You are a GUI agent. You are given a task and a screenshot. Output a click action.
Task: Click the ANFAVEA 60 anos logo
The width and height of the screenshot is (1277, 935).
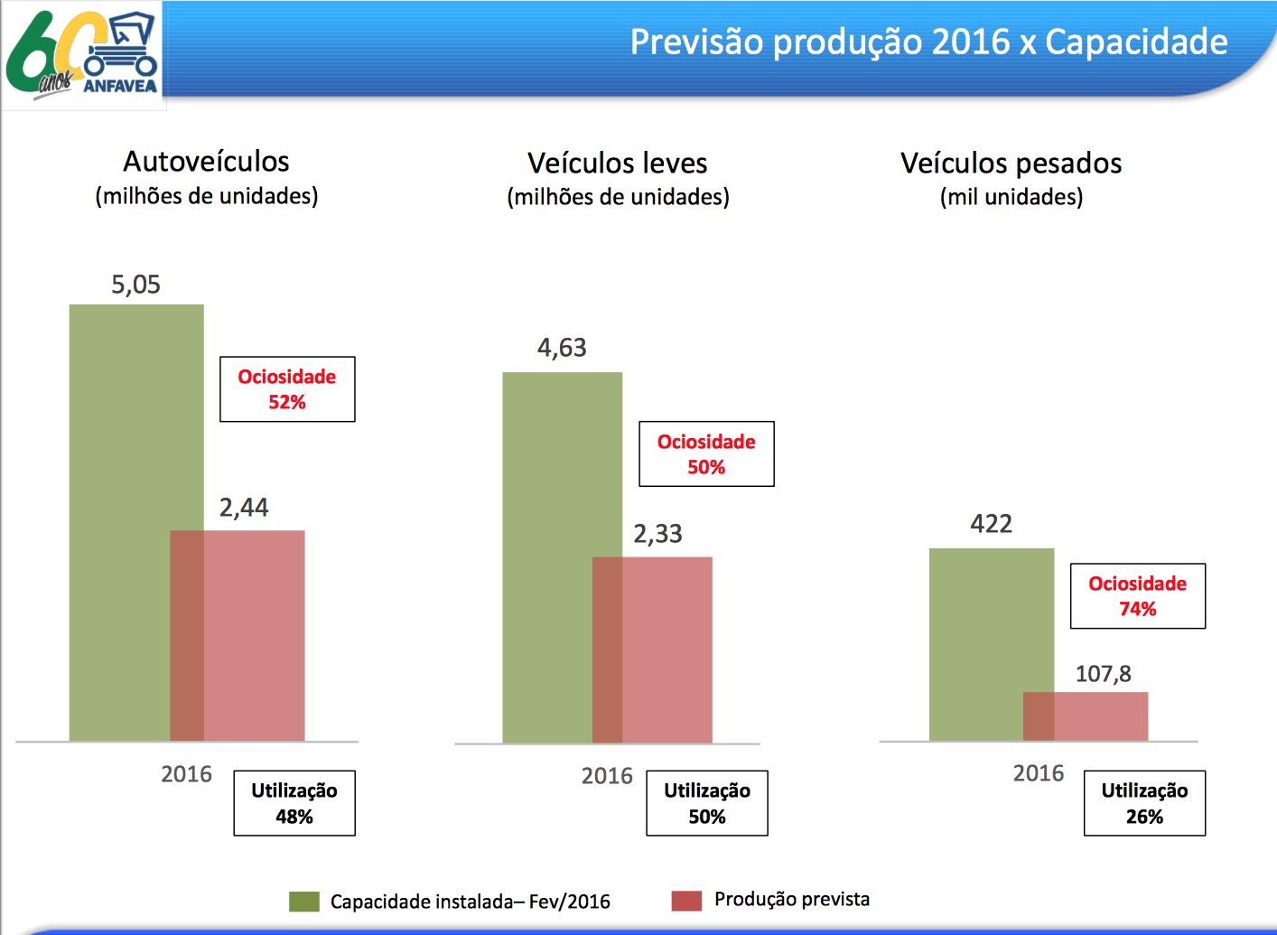(83, 54)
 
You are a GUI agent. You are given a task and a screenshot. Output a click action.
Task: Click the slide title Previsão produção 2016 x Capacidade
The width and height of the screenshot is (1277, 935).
(928, 42)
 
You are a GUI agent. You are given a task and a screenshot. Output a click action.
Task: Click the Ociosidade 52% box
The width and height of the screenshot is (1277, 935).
(287, 389)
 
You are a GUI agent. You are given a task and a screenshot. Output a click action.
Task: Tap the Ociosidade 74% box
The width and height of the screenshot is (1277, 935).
(1137, 596)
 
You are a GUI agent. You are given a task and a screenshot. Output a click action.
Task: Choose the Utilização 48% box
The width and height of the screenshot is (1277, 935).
(294, 803)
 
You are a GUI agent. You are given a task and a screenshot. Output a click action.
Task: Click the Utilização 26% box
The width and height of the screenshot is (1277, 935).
(1144, 803)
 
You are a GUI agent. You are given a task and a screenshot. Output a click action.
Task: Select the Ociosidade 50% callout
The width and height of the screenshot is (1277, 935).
(706, 454)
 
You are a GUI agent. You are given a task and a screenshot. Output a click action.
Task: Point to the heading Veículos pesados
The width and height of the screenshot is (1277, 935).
(1011, 164)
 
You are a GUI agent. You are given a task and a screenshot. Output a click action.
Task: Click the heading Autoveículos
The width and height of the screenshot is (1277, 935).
(206, 162)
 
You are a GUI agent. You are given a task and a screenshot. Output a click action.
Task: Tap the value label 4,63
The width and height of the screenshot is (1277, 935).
(562, 348)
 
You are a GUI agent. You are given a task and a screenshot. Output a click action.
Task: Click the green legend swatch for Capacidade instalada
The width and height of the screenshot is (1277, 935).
(304, 902)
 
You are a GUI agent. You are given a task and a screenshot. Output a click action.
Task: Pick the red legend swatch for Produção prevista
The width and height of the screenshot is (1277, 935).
(686, 901)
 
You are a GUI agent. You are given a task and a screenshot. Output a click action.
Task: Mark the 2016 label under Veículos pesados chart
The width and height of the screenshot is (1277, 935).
(1039, 773)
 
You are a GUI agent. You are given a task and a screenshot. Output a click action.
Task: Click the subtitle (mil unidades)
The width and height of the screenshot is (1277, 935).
(1011, 197)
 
